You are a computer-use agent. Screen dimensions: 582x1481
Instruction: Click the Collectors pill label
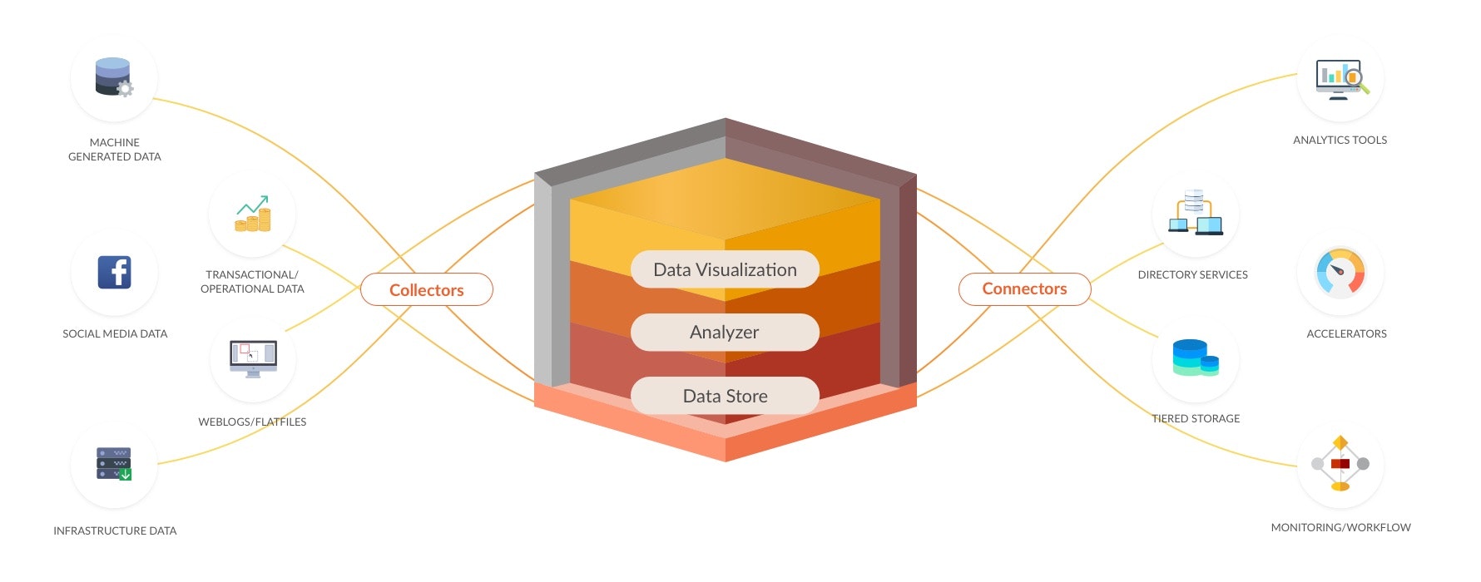(x=426, y=290)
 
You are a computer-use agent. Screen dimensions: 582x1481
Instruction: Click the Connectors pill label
(x=1024, y=289)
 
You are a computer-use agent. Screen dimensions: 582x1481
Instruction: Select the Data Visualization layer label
(x=725, y=269)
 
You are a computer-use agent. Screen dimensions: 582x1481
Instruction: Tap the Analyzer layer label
(x=725, y=333)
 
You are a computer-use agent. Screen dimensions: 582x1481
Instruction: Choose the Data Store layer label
(x=725, y=396)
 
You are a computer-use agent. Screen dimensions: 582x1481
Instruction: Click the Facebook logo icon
(x=114, y=272)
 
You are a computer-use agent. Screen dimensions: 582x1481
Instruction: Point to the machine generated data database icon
(x=113, y=77)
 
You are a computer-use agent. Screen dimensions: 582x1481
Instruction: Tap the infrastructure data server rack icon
(x=114, y=464)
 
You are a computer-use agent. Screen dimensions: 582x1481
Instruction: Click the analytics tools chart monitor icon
(x=1340, y=80)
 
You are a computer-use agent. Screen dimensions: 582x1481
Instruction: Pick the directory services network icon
(x=1195, y=213)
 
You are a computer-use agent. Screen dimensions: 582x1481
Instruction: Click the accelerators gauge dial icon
(x=1340, y=273)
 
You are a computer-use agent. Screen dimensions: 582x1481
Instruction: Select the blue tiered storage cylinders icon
(x=1195, y=358)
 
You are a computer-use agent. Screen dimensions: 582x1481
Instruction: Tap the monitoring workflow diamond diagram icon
(x=1340, y=463)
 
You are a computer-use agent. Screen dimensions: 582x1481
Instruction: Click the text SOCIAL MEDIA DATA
(x=115, y=333)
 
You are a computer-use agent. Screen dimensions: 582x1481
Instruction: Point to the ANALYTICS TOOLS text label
(x=1340, y=140)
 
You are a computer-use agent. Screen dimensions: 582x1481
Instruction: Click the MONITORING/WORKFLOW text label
(x=1340, y=527)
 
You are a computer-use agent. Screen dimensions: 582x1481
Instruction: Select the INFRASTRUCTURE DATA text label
(x=115, y=530)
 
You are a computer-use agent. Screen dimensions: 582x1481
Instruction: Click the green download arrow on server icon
(x=126, y=475)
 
